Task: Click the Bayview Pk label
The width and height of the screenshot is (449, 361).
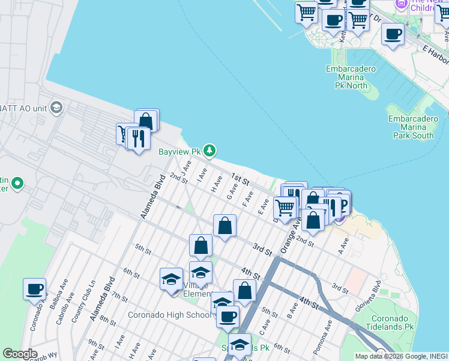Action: [178, 152]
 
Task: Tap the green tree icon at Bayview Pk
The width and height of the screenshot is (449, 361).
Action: [209, 150]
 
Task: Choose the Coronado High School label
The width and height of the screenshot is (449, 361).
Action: [169, 315]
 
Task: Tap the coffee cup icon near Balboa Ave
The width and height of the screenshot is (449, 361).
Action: [35, 289]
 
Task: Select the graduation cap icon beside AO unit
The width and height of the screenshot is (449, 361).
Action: [56, 108]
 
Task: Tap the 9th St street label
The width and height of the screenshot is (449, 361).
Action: [96, 344]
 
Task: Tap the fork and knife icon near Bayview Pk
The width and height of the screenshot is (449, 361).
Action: [139, 138]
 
